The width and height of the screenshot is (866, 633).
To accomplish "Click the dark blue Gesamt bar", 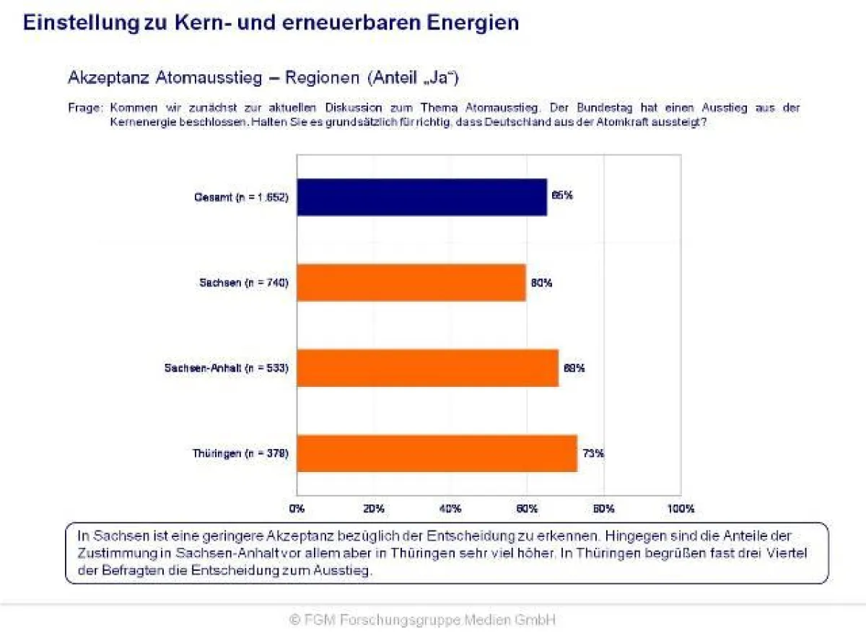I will click(x=421, y=197).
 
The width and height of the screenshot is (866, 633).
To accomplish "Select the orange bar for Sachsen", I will click(x=411, y=283).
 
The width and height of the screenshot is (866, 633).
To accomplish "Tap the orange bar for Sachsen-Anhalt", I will click(x=427, y=368).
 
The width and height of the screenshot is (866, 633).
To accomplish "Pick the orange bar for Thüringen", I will click(x=437, y=454).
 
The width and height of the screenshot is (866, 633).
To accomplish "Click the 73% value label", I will click(x=593, y=454).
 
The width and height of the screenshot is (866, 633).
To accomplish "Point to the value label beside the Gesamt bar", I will click(x=562, y=195).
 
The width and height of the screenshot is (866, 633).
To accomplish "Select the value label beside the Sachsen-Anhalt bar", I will click(x=574, y=368).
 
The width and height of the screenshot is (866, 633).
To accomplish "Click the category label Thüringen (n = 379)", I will click(x=240, y=454).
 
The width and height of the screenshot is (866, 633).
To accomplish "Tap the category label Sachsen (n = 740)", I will click(x=244, y=283).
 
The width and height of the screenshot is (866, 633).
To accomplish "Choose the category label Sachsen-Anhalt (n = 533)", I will click(x=227, y=368).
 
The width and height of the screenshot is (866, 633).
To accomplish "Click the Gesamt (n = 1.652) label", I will click(x=240, y=197).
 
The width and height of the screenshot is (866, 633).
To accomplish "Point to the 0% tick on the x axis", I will click(x=297, y=509).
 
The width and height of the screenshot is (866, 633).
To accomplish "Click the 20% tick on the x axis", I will click(x=373, y=509).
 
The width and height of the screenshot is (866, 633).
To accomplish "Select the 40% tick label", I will click(x=450, y=509).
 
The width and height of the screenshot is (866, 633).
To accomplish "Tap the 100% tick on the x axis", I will click(x=681, y=509).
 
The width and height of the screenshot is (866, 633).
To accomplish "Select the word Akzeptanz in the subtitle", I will click(x=109, y=77).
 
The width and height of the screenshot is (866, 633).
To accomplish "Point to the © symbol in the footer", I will click(x=294, y=619).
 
